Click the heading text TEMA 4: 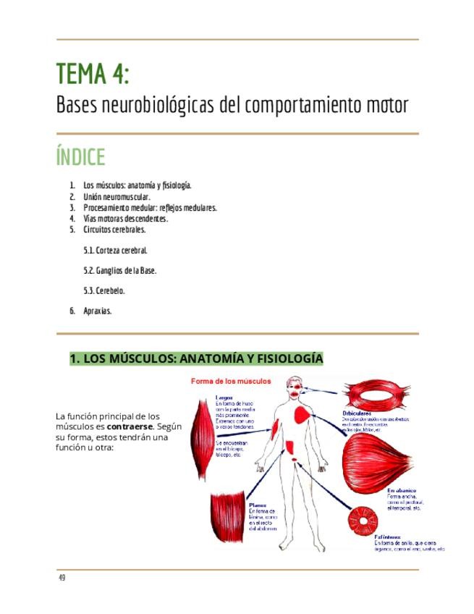(x=93, y=74)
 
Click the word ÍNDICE (x=80, y=157)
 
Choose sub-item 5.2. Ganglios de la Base (x=120, y=271)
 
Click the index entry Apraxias (x=97, y=311)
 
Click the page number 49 (x=62, y=578)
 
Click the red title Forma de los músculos (x=231, y=381)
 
